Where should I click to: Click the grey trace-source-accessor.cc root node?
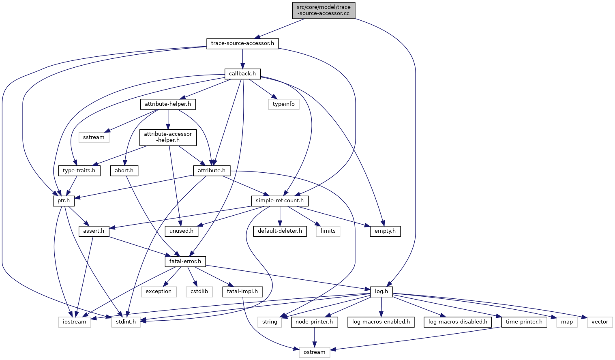(324, 11)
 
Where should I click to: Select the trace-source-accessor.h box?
(242, 44)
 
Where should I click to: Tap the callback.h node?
(242, 74)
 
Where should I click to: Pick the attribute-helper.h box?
(168, 104)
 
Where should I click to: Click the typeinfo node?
(284, 104)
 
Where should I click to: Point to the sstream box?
(94, 137)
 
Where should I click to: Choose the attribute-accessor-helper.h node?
(168, 137)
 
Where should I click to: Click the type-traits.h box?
(79, 171)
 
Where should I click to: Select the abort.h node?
(124, 171)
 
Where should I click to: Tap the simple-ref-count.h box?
(280, 201)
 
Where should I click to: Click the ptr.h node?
(64, 201)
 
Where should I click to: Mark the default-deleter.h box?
(280, 231)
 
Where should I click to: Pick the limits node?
(328, 231)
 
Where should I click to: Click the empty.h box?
(385, 231)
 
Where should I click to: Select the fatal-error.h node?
(185, 261)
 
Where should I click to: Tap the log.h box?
(381, 291)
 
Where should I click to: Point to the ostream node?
(314, 352)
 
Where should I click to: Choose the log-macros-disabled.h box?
(458, 322)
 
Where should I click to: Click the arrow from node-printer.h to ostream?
(314, 337)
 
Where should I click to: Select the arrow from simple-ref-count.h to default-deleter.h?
(280, 216)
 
